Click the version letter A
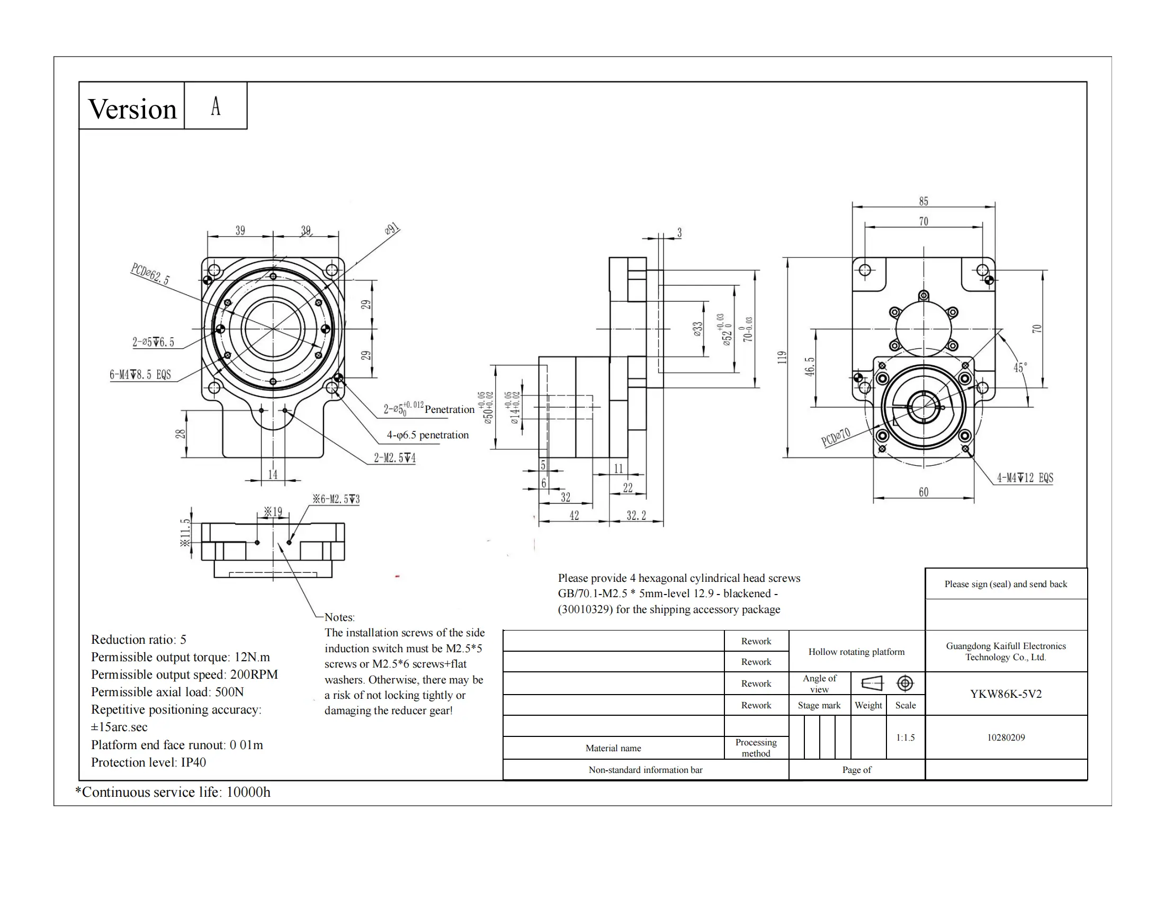216,106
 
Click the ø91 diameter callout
391,229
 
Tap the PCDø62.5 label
150,274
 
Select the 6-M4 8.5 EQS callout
140,374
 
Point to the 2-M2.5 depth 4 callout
394,458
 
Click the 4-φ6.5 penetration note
427,435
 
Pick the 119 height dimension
782,357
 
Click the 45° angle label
1020,367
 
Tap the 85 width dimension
924,202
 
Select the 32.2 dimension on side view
636,516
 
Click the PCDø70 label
835,437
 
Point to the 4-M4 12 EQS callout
1025,478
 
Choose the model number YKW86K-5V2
1006,694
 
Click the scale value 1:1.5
905,737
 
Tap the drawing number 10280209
1006,737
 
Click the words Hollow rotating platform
856,652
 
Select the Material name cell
613,748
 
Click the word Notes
339,617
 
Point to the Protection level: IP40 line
148,762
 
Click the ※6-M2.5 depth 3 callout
336,499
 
